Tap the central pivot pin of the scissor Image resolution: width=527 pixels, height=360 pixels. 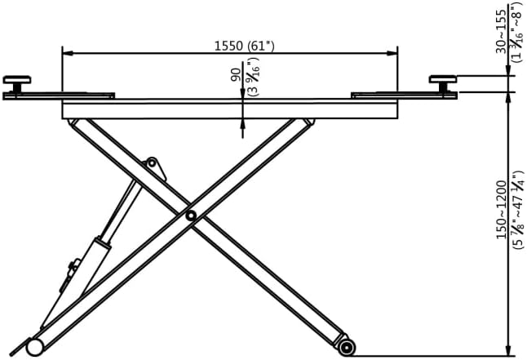point(189,216)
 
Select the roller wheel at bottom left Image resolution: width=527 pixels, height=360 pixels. point(34,347)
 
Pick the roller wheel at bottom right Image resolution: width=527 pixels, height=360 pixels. point(348,347)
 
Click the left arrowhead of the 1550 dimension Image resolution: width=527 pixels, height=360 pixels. point(67,53)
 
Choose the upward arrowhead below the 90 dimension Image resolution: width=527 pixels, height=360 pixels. point(242,123)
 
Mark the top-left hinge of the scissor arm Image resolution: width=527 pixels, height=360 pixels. point(76,123)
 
